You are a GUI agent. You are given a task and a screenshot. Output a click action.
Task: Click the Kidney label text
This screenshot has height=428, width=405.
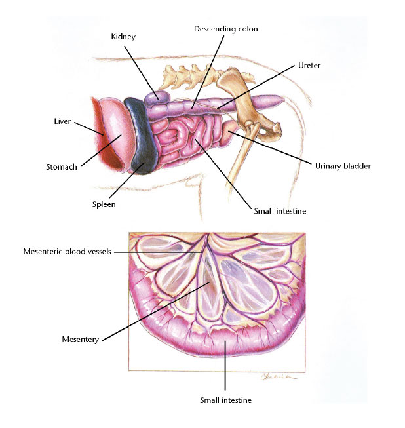click(x=123, y=37)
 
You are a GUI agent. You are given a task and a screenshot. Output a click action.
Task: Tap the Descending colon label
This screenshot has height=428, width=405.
click(x=226, y=29)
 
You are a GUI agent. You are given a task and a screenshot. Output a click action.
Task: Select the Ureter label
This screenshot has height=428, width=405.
click(x=309, y=66)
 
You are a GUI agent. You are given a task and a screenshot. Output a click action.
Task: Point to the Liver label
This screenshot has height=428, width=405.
click(x=62, y=121)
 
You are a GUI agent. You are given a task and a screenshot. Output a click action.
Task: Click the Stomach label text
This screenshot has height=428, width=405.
click(x=62, y=166)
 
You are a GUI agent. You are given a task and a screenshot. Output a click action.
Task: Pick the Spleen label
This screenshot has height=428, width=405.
click(x=104, y=204)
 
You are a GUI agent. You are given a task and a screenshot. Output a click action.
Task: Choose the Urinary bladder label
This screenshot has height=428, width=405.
click(x=343, y=166)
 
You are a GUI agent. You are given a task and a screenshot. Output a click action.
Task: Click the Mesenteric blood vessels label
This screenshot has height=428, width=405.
click(x=67, y=252)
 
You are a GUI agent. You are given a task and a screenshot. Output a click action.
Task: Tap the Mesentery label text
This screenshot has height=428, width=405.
click(x=80, y=340)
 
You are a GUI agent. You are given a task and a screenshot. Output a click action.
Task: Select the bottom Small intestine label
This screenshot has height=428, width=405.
click(x=225, y=400)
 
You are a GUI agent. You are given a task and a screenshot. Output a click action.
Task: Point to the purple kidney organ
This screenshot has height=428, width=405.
click(x=156, y=98)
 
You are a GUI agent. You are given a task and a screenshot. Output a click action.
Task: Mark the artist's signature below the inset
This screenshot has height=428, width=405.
click(x=279, y=377)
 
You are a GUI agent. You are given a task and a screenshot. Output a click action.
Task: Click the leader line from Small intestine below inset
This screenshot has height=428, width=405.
click(x=225, y=366)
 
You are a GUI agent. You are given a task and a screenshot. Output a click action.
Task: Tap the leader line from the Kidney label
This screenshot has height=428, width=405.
click(x=141, y=72)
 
